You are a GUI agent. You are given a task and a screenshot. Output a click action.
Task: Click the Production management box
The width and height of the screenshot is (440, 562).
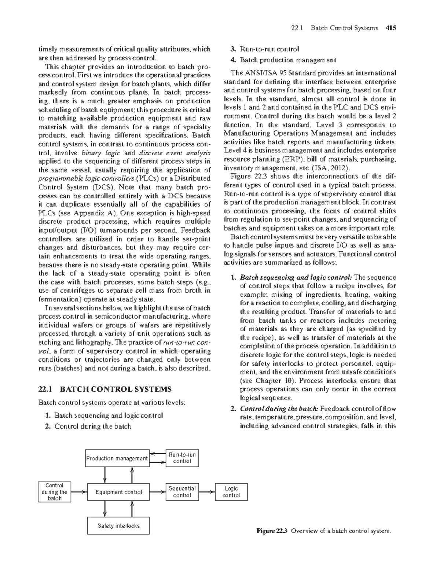117,458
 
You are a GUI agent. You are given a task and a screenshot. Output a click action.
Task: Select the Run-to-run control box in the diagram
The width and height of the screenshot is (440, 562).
182,458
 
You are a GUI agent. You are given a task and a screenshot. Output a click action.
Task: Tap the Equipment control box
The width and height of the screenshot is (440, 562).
118,492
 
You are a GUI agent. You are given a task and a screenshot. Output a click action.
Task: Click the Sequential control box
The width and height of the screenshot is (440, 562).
182,492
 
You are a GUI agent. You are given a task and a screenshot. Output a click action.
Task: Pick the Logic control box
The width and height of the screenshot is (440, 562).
231,492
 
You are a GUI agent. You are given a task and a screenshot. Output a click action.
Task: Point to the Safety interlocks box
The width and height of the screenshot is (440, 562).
118,526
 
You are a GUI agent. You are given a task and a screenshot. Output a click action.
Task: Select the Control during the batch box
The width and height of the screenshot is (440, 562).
55,492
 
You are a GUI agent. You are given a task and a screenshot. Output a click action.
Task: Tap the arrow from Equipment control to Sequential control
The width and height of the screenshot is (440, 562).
158,492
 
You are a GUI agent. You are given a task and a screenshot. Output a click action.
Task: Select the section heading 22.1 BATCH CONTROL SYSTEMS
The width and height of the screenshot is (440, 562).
104,389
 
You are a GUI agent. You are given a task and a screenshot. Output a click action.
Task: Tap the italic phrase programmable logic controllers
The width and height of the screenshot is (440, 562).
87,179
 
